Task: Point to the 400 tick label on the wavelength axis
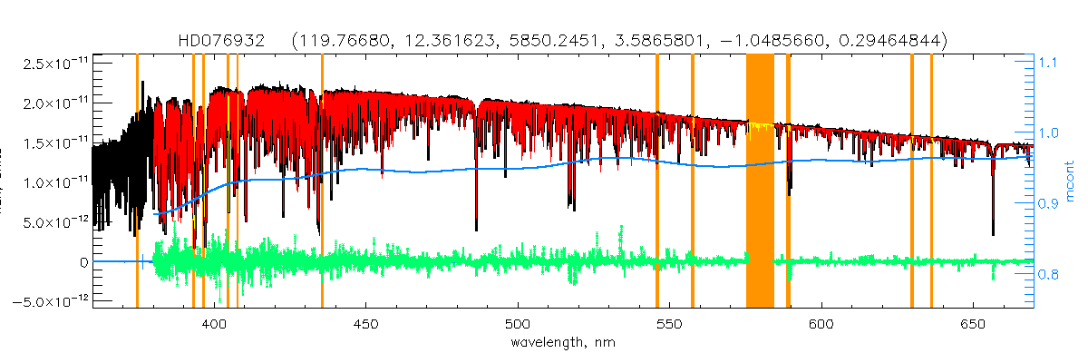[x=215, y=324]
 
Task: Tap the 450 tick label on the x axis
[x=366, y=324]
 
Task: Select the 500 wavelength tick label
[x=518, y=324]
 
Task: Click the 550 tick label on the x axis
[x=669, y=324]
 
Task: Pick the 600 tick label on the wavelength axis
[x=821, y=324]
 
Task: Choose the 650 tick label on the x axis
[x=972, y=324]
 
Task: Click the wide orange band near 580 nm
[x=760, y=181]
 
